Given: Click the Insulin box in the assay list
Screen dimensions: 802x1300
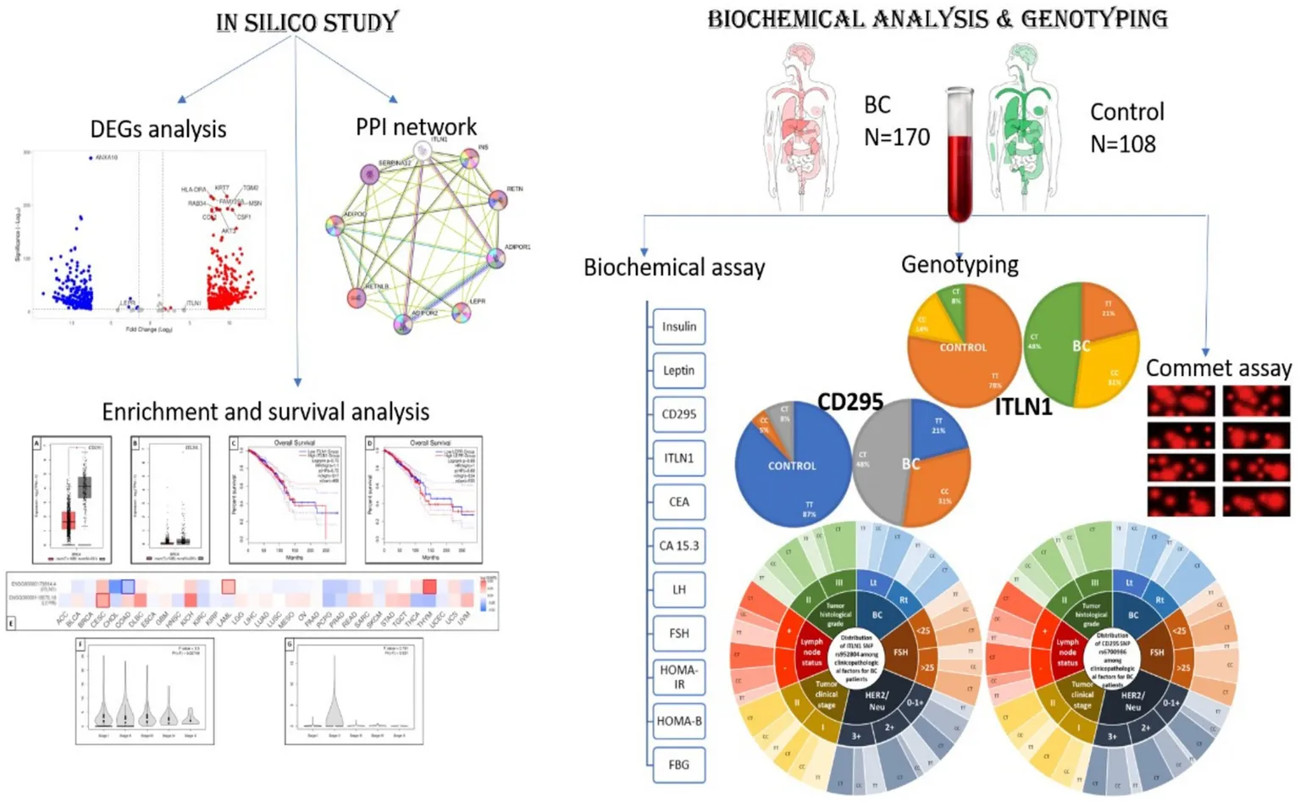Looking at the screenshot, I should pos(678,327).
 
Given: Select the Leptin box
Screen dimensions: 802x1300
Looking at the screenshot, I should pos(678,370).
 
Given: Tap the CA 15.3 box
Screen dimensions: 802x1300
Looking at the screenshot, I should pos(678,545).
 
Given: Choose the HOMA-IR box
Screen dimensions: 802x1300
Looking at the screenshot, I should pos(678,676).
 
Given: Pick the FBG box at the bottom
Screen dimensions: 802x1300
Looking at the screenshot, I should pos(678,764).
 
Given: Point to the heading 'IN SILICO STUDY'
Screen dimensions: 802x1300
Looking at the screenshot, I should pos(307,22).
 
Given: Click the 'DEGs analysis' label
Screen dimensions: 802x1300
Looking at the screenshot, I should pos(158,129).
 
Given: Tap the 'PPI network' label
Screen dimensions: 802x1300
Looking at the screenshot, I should pos(416,127).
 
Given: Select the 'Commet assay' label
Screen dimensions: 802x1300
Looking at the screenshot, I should pos(1218,368).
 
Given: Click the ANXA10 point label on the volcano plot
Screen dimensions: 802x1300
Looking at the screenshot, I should pos(107,158).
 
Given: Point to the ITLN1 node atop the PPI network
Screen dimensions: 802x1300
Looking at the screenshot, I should pos(423,152).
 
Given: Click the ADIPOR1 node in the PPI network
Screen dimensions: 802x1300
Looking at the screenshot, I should pos(496,257).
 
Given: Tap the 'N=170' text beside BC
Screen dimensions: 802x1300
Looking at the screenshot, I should pos(896,137).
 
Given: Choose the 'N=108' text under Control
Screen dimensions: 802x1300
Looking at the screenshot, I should pos(1122,144).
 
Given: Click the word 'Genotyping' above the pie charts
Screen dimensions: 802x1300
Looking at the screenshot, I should pos(959,265).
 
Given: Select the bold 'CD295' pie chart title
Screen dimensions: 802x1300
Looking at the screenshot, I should pos(849,401).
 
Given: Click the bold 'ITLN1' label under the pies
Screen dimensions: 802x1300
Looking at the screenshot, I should pos(1022,407).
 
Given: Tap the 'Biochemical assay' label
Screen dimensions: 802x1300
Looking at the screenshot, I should pos(674,268).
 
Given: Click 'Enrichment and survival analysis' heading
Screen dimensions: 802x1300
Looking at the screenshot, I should pos(265,412).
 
